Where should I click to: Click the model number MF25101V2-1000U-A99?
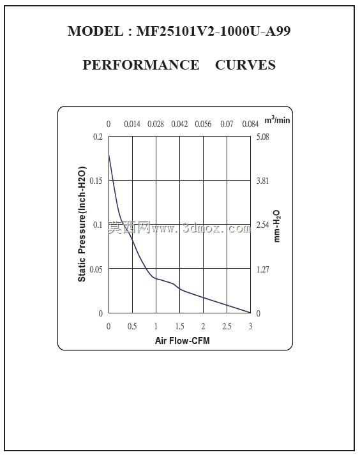(213, 31)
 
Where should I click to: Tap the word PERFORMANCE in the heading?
(141, 64)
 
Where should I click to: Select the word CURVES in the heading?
(246, 64)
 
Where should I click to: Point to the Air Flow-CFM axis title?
(182, 340)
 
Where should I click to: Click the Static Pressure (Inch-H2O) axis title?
(82, 224)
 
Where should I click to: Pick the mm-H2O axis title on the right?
(276, 226)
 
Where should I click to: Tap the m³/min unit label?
(277, 119)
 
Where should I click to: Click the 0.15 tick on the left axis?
(96, 181)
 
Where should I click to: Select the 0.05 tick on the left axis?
(96, 269)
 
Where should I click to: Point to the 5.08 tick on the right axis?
(262, 137)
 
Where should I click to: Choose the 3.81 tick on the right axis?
(262, 181)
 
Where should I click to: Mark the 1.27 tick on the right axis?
(262, 269)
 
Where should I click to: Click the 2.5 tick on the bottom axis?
(227, 326)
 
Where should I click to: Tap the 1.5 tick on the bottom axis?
(179, 326)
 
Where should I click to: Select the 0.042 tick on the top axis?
(179, 124)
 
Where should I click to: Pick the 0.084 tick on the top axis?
(250, 124)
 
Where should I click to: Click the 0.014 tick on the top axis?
(132, 124)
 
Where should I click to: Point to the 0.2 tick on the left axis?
(98, 137)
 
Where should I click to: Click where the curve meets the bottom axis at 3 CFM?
(250, 313)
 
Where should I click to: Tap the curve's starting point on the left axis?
(109, 154)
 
